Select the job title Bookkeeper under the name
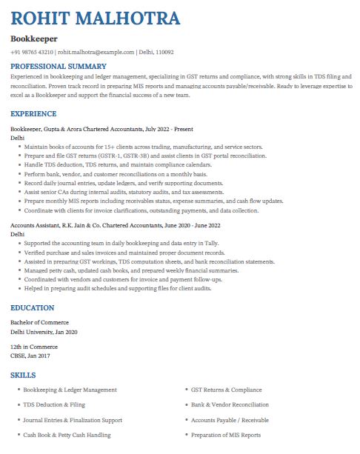34,39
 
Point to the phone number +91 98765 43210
32,53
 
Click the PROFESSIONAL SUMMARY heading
59,67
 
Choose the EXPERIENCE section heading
33,114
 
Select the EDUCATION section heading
33,307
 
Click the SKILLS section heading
23,375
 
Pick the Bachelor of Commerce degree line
39,322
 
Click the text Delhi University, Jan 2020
44,332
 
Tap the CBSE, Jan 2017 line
31,356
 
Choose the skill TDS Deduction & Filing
54,405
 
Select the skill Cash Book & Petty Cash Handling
67,435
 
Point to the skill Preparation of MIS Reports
226,435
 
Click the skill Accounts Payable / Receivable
230,420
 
